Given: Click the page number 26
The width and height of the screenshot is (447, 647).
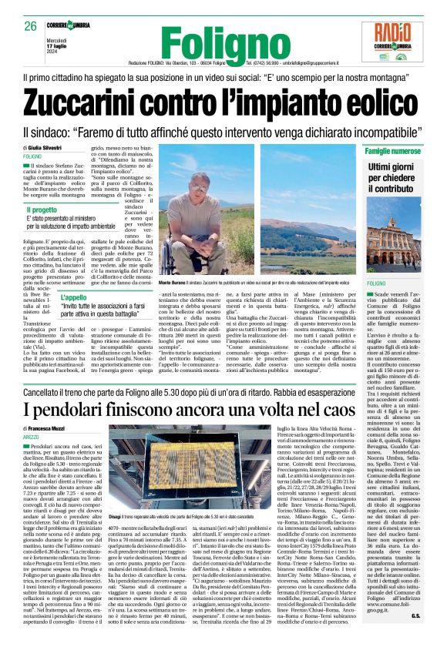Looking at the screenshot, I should click(x=31, y=26).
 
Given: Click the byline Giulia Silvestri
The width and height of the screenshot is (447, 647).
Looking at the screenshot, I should click(x=47, y=146).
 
